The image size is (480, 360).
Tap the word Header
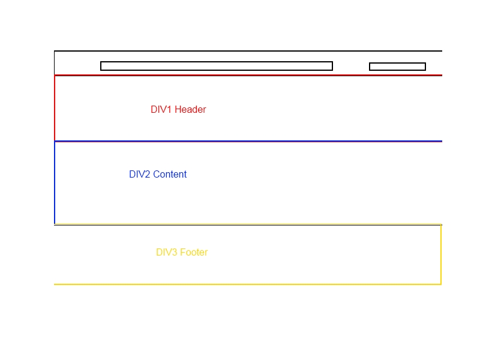tap(190, 110)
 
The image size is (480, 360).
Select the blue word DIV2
tap(140, 175)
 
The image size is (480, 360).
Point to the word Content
tap(170, 175)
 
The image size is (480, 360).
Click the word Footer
tap(194, 253)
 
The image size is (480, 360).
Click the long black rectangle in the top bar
tap(217, 66)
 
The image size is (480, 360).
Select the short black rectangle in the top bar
tap(397, 67)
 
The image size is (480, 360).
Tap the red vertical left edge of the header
tap(55, 108)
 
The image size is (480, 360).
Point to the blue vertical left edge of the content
tap(55, 183)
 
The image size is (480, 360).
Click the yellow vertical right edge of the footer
tap(441, 254)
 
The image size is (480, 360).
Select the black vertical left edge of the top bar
tap(54, 63)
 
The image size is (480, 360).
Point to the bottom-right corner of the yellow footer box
tap(441, 284)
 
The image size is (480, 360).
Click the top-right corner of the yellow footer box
tap(441, 225)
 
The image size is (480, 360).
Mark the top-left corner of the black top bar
tap(54, 51)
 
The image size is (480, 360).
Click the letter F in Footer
tap(183, 253)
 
